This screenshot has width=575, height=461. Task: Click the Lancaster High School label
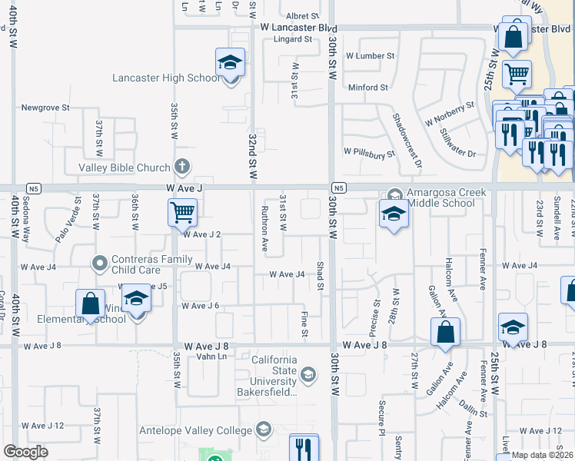pos(166,78)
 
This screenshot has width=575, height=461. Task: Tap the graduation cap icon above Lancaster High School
pos(230,62)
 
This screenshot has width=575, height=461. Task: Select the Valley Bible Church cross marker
pos(181,166)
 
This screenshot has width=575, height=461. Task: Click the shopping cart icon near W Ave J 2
pos(182,212)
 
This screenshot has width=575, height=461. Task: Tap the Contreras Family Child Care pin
pos(99,264)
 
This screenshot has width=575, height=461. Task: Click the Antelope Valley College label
pos(197,429)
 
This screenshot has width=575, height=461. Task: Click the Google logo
pos(25,452)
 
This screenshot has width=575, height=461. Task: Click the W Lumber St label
pos(369,56)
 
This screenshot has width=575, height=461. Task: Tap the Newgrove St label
pos(45,108)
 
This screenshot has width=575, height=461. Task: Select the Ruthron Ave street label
pos(264,229)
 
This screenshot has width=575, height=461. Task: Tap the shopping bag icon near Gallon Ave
pos(445,332)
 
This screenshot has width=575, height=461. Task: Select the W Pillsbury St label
pos(368,152)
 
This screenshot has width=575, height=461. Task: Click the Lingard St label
pos(292,38)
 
